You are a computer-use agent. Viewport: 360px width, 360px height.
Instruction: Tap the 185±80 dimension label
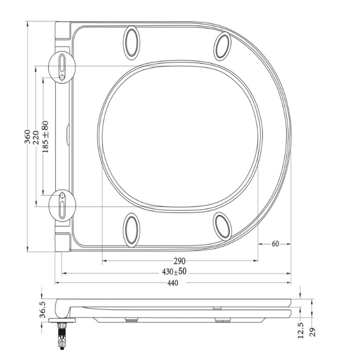[x=45, y=136]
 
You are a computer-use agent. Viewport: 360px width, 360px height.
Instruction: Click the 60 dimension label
[x=275, y=244]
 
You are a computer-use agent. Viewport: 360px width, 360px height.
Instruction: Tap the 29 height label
[x=313, y=331]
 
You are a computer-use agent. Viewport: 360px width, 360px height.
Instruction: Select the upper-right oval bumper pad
[x=222, y=45]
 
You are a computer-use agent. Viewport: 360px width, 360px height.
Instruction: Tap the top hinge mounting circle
[x=62, y=66]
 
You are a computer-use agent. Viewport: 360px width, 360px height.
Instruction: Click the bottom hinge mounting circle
[x=62, y=205]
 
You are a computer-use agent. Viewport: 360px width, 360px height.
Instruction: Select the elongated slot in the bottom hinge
[x=62, y=209]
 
